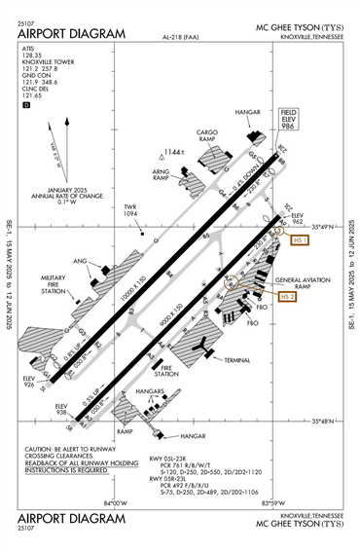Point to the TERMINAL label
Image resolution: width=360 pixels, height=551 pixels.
[237, 359]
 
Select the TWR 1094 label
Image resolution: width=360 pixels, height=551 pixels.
[130, 210]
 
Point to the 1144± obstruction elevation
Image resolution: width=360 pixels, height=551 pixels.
[174, 153]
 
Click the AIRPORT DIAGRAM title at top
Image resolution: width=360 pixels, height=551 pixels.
[72, 34]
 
